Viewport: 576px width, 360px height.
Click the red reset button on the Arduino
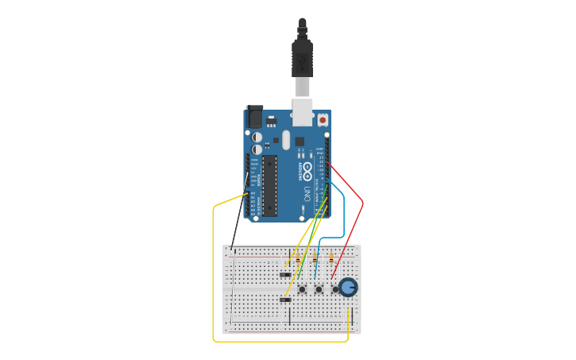323,119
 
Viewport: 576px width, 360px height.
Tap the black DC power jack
254,115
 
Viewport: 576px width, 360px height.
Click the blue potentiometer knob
348,287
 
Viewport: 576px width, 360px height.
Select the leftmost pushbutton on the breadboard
302,289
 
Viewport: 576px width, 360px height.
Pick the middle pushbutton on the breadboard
319,289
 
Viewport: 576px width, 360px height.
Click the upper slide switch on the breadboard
285,275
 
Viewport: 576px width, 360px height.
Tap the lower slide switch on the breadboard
285,300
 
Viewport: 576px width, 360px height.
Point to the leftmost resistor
298,259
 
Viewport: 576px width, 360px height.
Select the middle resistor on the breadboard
315,259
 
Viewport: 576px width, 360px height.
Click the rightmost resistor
331,257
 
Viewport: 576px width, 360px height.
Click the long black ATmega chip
269,186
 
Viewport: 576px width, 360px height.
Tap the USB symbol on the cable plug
302,60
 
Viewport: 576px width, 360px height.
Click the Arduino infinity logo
307,171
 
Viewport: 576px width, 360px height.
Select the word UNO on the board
317,192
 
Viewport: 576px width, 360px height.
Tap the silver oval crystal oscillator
285,140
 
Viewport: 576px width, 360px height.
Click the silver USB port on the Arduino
302,112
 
